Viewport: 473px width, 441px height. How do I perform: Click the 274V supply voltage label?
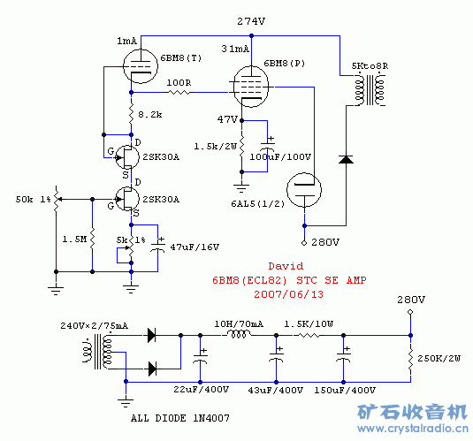(251, 20)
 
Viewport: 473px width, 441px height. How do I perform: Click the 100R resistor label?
(179, 82)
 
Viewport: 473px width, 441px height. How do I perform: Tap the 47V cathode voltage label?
(227, 118)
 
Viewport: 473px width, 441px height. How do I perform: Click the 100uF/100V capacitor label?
(280, 156)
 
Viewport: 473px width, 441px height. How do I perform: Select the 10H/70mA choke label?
(239, 324)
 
